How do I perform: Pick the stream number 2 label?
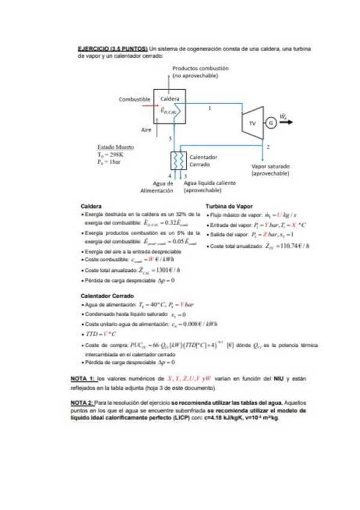tap(267, 146)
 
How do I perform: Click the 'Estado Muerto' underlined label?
tap(115, 146)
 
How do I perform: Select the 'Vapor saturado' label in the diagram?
tap(270, 165)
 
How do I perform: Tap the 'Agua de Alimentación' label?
tap(157, 186)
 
